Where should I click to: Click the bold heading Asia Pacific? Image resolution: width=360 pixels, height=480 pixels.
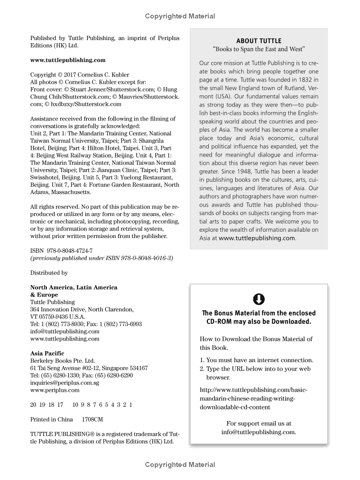(x=47, y=354)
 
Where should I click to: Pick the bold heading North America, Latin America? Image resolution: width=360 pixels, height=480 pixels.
(x=74, y=287)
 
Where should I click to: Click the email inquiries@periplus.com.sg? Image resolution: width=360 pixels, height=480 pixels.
(x=64, y=383)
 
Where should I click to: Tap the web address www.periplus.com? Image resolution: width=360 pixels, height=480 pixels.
(x=54, y=390)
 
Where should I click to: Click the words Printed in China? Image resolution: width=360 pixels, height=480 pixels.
(x=51, y=419)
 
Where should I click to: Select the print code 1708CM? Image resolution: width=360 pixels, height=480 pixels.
(x=92, y=419)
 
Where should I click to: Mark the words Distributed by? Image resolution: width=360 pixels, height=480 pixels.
(x=49, y=273)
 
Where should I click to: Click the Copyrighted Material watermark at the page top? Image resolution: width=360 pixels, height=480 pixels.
(x=180, y=16)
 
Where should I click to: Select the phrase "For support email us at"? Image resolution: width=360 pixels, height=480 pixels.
(x=259, y=423)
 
